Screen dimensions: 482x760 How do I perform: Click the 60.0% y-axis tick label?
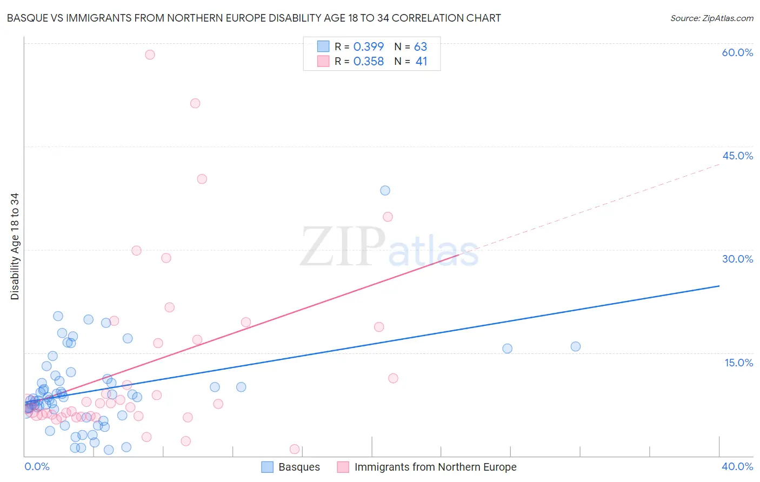pyautogui.click(x=737, y=52)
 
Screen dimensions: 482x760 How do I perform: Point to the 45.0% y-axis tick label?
pyautogui.click(x=737, y=156)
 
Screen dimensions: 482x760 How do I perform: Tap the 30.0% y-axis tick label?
pyautogui.click(x=737, y=259)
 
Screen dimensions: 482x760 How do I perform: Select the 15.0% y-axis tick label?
pyautogui.click(x=738, y=363)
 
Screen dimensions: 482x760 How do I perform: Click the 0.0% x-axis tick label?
pyautogui.click(x=37, y=466)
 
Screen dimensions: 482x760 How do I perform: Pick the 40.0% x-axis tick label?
pyautogui.click(x=737, y=466)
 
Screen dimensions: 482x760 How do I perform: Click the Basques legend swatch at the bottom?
pyautogui.click(x=267, y=467)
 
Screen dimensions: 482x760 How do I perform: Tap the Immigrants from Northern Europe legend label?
pyautogui.click(x=435, y=467)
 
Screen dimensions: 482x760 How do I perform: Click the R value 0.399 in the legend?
pyautogui.click(x=368, y=46)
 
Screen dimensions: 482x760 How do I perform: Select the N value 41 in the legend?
pyautogui.click(x=421, y=62)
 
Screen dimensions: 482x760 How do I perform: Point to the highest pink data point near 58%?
pyautogui.click(x=150, y=55)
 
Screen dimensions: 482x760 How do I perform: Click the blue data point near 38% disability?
pyautogui.click(x=385, y=190)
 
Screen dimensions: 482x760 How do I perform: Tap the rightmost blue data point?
pyautogui.click(x=576, y=346)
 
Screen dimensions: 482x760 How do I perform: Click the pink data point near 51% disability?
pyautogui.click(x=195, y=103)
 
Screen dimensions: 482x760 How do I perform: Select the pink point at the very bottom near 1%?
pyautogui.click(x=295, y=449)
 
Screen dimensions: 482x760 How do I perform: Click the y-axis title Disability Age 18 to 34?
pyautogui.click(x=15, y=246)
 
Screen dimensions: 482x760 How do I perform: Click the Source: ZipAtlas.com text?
pyautogui.click(x=711, y=18)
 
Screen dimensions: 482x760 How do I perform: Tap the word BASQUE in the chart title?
pyautogui.click(x=27, y=18)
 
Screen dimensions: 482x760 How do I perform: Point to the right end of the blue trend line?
pyautogui.click(x=719, y=286)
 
